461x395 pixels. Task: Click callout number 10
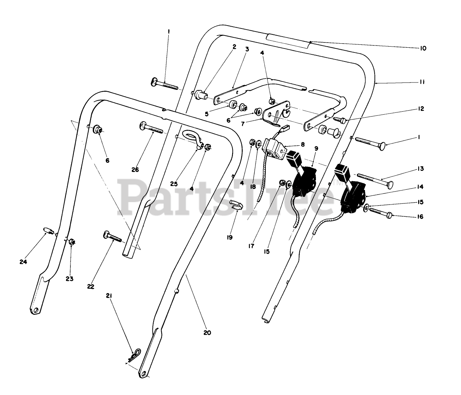pyautogui.click(x=423, y=48)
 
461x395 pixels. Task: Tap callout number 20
pyautogui.click(x=207, y=332)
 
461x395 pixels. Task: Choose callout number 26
pyautogui.click(x=135, y=169)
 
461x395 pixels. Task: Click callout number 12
pyautogui.click(x=422, y=109)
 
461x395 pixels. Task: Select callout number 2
pyautogui.click(x=234, y=47)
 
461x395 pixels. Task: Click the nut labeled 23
pyautogui.click(x=73, y=242)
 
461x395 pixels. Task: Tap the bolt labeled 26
pyautogui.click(x=151, y=128)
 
